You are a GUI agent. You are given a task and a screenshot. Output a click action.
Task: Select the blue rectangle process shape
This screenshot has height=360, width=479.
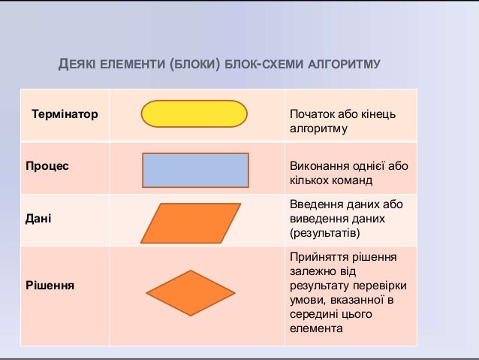[194, 169]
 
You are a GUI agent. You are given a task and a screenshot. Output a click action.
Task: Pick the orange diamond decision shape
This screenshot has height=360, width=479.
[190, 291]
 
